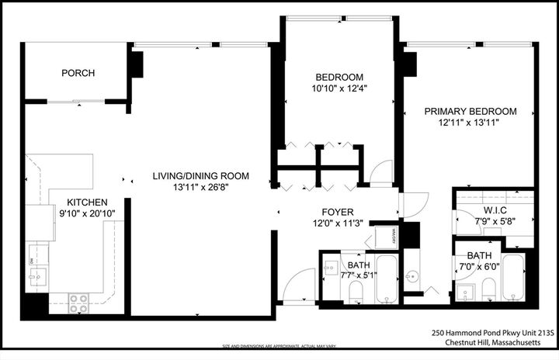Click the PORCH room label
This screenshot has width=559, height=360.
tap(78, 74)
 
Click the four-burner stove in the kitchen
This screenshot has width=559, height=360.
tap(78, 302)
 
